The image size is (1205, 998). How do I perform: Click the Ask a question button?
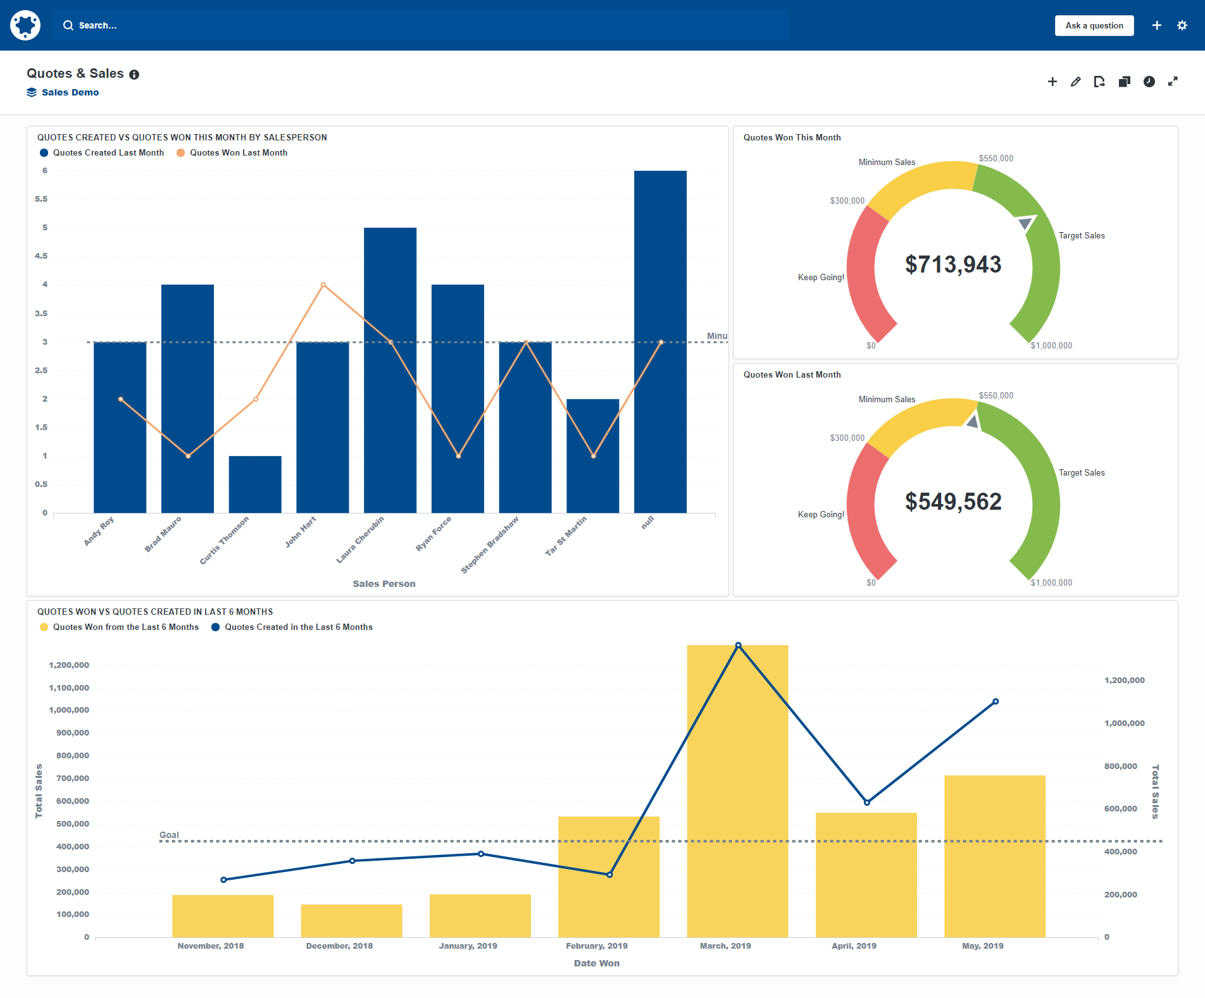pyautogui.click(x=1094, y=26)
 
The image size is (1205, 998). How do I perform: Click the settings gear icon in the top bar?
pyautogui.click(x=1182, y=26)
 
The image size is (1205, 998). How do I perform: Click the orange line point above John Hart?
pyautogui.click(x=323, y=285)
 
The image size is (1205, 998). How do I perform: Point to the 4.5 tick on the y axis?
pyautogui.click(x=41, y=256)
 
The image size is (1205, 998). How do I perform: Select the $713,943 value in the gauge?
pyautogui.click(x=952, y=264)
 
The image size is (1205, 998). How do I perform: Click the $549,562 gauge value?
pyautogui.click(x=952, y=502)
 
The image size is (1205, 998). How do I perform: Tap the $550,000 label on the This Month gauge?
pyautogui.click(x=996, y=159)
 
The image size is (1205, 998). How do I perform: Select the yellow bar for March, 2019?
pyautogui.click(x=737, y=791)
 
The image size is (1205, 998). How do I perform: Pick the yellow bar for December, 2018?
pyautogui.click(x=351, y=921)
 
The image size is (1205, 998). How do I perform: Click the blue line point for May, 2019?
pyautogui.click(x=996, y=701)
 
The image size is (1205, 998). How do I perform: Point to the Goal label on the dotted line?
pyautogui.click(x=169, y=835)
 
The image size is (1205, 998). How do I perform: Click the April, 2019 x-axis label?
pyautogui.click(x=854, y=946)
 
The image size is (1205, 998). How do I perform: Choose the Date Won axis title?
pyautogui.click(x=596, y=963)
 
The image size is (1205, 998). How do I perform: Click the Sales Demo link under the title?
pyautogui.click(x=70, y=92)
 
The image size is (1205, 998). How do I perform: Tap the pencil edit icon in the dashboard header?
pyautogui.click(x=1075, y=82)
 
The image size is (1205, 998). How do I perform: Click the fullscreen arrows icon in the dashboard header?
pyautogui.click(x=1173, y=82)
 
